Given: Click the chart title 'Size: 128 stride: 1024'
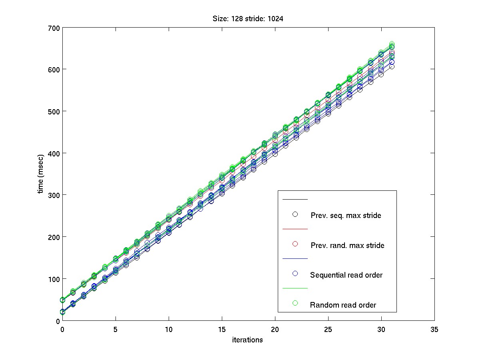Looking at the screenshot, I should tap(248, 19).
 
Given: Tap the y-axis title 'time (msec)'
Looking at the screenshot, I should tap(40, 174).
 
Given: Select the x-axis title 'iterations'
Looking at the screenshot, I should tap(248, 340).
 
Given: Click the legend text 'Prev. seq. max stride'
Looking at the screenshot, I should tap(346, 216).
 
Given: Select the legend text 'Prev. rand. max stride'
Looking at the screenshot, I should tap(347, 245).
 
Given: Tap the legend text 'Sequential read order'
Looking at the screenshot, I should tap(346, 275).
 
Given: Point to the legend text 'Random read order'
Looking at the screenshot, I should tap(343, 305).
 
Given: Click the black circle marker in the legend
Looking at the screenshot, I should tap(295, 214).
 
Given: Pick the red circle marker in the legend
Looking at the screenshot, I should tap(295, 244).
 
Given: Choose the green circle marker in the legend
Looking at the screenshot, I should tap(295, 303).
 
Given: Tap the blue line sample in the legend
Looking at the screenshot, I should tap(295, 259).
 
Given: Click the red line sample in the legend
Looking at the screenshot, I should tap(295, 229).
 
